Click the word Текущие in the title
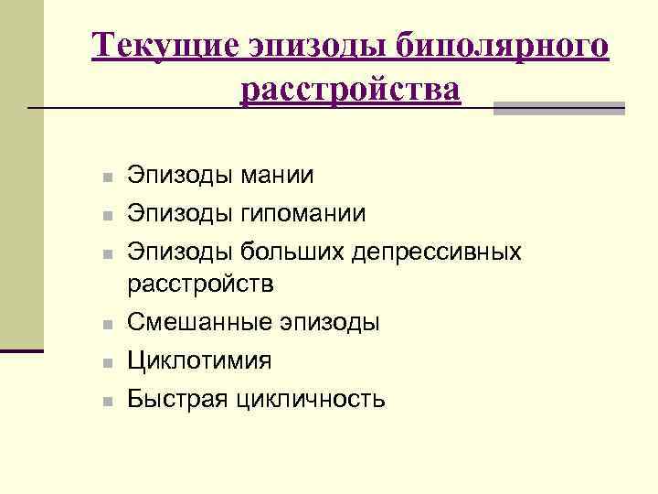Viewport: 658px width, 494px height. click(164, 47)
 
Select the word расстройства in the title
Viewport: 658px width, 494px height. click(352, 91)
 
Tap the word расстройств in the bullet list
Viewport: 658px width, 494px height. click(200, 285)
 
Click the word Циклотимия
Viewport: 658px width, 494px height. click(199, 360)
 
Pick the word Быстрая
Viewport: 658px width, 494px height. click(174, 398)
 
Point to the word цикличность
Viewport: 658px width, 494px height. click(311, 398)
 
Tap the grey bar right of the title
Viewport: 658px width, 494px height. click(558, 108)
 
